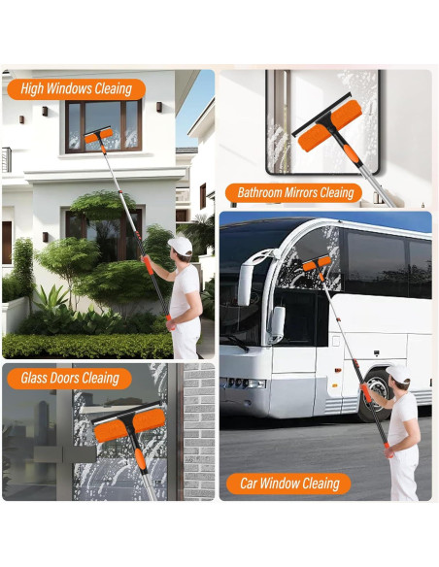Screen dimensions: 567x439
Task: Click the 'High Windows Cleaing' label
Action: [x=76, y=89]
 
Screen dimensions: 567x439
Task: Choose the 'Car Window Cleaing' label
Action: [x=289, y=483]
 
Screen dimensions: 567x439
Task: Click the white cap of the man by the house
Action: [x=180, y=246]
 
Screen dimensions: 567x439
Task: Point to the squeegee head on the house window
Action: [x=99, y=136]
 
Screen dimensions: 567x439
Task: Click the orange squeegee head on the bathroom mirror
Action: [x=330, y=126]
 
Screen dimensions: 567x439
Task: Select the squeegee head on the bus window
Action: [x=317, y=263]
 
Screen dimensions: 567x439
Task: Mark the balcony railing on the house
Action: [x=6, y=159]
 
